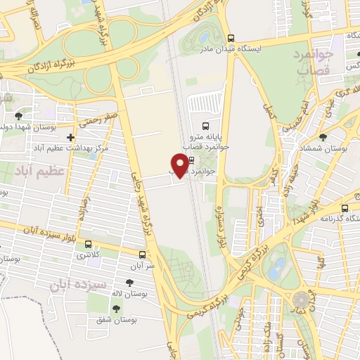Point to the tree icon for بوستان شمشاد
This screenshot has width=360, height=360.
323,137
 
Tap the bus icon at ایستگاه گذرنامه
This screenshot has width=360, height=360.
345,208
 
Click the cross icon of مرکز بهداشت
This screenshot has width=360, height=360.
70,138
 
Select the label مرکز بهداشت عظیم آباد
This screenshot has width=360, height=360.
67,150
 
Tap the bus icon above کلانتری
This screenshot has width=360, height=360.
88,244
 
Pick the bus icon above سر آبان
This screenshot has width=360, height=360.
143,255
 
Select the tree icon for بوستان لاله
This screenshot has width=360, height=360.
129,283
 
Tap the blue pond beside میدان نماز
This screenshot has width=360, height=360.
278,266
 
